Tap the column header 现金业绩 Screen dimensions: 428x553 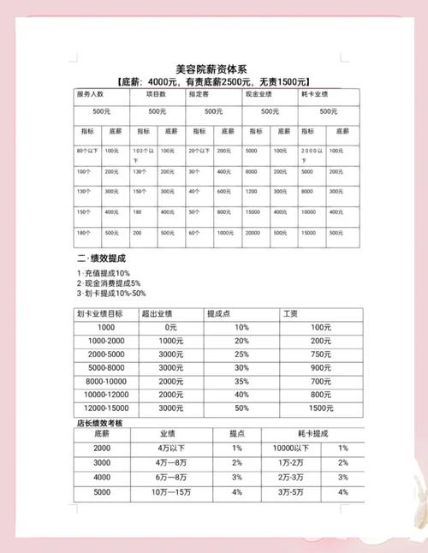pos(259,93)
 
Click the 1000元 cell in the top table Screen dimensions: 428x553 pos(224,232)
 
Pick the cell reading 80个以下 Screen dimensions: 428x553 pos(87,150)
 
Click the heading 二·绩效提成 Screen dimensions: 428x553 pos(104,258)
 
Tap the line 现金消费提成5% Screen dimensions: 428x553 pos(109,282)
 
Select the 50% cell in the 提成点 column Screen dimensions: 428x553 pos(241,409)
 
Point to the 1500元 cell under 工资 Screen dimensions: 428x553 pos(321,409)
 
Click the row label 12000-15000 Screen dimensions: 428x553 pos(106,409)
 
